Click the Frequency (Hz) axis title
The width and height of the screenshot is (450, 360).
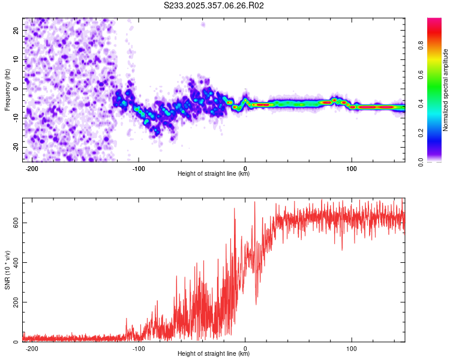7,89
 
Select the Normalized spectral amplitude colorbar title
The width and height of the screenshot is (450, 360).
446,90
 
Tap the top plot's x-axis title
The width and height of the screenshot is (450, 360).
214,173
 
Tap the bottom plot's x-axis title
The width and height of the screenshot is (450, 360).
214,353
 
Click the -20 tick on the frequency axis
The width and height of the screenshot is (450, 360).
15,147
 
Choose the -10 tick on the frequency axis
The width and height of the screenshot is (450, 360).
15,118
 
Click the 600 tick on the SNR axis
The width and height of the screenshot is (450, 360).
14,223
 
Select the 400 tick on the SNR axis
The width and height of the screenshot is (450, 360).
14,262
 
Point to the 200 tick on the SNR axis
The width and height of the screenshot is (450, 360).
14,302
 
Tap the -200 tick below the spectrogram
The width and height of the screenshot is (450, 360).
32,167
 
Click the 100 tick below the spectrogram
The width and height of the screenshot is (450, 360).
352,167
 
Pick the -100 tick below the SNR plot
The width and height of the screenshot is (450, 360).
139,347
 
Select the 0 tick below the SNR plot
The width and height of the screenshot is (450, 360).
245,347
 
